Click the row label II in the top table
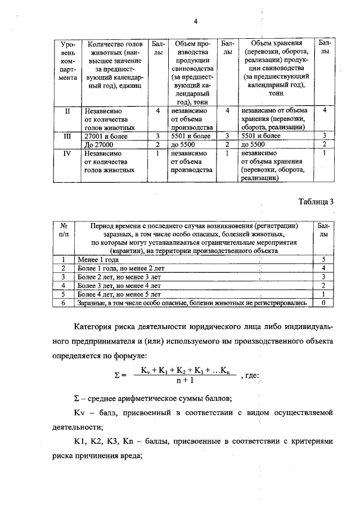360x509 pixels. pyautogui.click(x=67, y=111)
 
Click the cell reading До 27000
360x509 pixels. pyautogui.click(x=99, y=144)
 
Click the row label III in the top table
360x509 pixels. pyautogui.click(x=67, y=136)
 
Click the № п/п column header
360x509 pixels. pyautogui.click(x=64, y=230)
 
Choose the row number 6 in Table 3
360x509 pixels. pyautogui.click(x=64, y=303)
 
